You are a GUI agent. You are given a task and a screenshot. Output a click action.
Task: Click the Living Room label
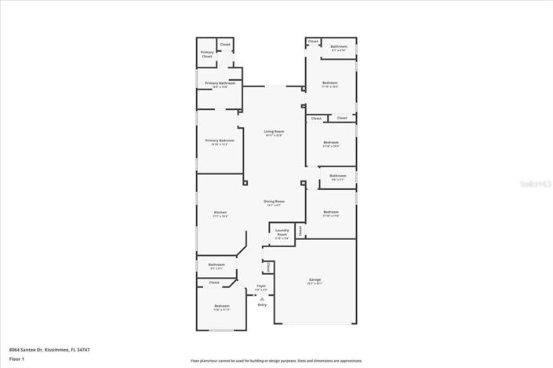[x=274, y=133]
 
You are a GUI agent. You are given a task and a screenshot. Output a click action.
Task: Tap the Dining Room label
[x=274, y=202]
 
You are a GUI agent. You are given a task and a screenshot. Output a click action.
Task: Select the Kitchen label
[x=220, y=213]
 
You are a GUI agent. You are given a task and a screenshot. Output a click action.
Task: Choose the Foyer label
[x=261, y=287]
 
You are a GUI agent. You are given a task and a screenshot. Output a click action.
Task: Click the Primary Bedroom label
[x=220, y=141]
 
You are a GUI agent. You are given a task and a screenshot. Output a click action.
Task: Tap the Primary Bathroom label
[x=220, y=84]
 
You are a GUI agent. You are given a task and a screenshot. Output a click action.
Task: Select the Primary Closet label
[x=207, y=55]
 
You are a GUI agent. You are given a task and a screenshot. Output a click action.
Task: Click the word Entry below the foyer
[x=262, y=304]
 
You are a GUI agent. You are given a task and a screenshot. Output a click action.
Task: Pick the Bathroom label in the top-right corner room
[x=339, y=48]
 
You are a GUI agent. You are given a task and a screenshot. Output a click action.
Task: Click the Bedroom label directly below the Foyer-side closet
[x=222, y=307]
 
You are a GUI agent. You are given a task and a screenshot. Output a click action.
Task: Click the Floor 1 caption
[x=16, y=359]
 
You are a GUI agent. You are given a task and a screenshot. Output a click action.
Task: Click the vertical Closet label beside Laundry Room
[x=299, y=230]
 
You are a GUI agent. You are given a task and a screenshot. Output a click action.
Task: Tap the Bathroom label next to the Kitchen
[x=216, y=265]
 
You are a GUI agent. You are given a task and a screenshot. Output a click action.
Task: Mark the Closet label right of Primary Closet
[x=225, y=45]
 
